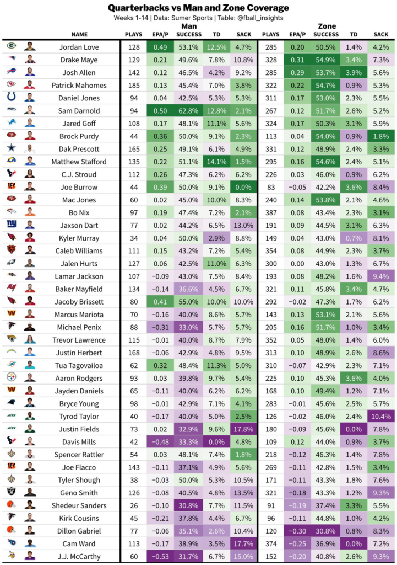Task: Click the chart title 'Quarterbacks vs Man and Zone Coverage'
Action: coord(198,8)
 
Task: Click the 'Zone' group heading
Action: coord(327,26)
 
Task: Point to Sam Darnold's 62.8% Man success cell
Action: coord(189,110)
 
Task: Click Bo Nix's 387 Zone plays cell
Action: coord(270,212)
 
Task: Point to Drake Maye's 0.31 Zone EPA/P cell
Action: coord(297,60)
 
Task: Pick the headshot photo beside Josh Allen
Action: coord(30,72)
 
